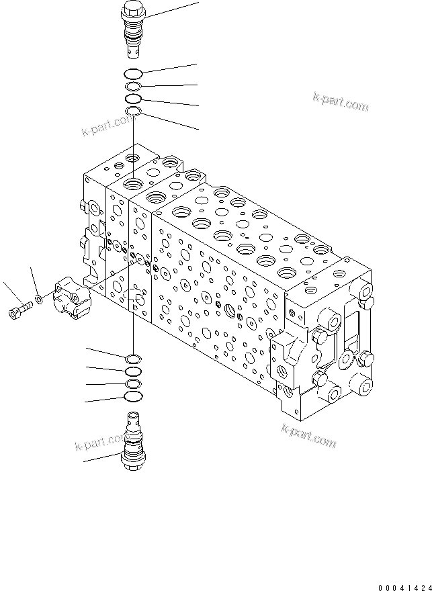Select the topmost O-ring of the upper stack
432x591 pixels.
[133, 73]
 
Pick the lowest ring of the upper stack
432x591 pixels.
[133, 111]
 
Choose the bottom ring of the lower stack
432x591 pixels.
[133, 397]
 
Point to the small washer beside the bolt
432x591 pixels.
[40, 297]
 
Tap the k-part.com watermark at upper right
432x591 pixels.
[341, 102]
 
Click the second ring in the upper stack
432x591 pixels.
[133, 87]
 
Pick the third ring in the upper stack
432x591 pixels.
[133, 99]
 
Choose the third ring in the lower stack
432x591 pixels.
[133, 383]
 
